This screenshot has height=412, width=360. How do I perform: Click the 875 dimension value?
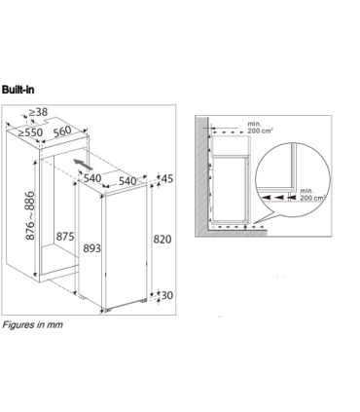coord(66,236)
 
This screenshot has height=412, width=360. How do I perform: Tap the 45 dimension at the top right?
coord(166,178)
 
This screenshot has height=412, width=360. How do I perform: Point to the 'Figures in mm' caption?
coord(32,323)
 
